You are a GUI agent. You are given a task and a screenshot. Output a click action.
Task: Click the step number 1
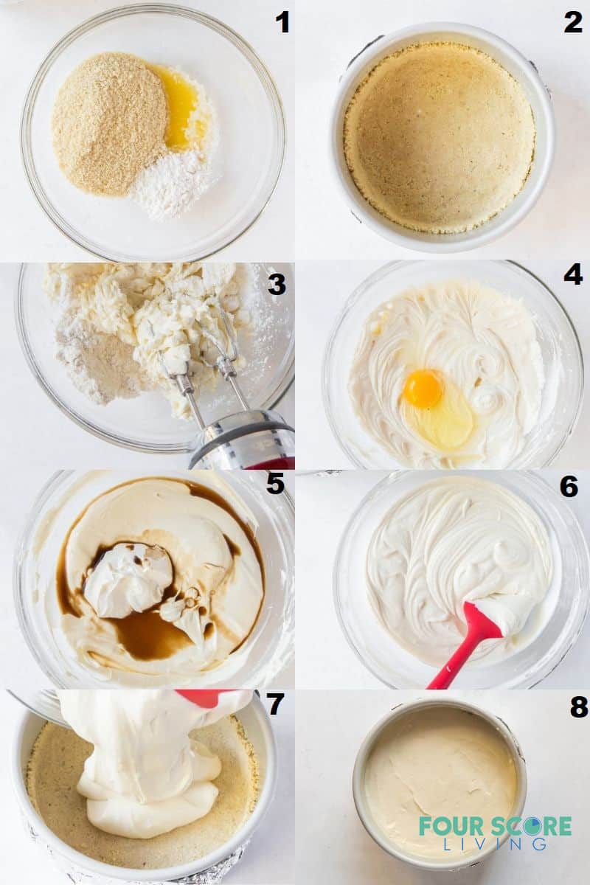coord(282,23)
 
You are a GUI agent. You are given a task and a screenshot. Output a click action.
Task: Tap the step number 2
coord(573,23)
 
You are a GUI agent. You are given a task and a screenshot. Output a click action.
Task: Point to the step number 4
coord(573,274)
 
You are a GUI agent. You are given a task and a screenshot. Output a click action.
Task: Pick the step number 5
coord(275,484)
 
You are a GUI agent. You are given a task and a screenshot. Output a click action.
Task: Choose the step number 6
coord(569,487)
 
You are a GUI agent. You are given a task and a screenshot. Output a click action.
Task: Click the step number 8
coord(579,707)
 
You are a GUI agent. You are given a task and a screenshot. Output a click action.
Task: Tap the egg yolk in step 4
coord(423,389)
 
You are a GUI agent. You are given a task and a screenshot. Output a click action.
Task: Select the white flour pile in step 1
coord(176,184)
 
